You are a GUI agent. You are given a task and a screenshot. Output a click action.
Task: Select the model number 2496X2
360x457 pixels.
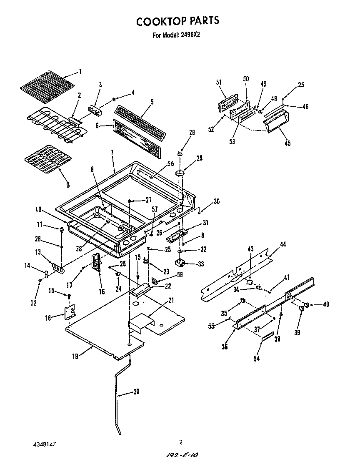190,35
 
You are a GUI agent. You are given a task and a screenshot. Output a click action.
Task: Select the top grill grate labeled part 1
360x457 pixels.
47,86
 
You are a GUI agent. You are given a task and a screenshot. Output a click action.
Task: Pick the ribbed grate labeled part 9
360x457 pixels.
48,158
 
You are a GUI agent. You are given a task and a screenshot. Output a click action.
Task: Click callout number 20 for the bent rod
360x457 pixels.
136,392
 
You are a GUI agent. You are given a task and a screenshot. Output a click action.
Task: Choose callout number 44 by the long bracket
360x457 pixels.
283,244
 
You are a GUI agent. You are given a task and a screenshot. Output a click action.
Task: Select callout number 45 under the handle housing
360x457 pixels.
287,143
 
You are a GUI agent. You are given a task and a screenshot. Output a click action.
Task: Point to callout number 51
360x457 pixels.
219,82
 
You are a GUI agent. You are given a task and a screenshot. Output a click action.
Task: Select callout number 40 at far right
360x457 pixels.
326,304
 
